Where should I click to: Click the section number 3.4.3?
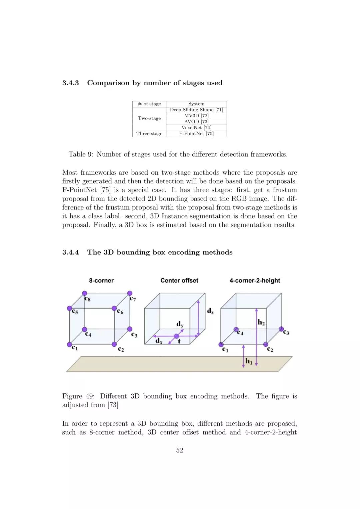[x=70, y=83]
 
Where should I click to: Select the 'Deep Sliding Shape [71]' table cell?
[x=196, y=110]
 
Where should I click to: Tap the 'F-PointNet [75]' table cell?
[x=196, y=134]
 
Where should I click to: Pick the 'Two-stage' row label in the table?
[x=149, y=118]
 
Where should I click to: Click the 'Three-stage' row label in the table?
[x=149, y=134]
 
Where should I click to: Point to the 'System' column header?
[x=196, y=104]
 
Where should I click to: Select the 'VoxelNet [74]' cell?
[x=196, y=128]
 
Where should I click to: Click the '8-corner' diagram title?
[x=101, y=281]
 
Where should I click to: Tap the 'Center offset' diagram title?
[x=179, y=281]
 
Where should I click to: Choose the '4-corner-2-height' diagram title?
[x=255, y=281]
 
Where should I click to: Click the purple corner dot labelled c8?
[x=85, y=293]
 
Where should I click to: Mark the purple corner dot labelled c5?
[x=69, y=308]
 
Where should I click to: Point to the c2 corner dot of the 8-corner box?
[x=114, y=344]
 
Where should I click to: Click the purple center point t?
[x=176, y=336]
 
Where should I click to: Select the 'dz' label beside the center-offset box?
[x=210, y=311]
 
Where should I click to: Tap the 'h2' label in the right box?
[x=261, y=322]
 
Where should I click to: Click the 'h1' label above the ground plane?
[x=249, y=361]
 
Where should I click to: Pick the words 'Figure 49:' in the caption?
[x=78, y=396]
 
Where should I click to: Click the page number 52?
[x=180, y=450]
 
